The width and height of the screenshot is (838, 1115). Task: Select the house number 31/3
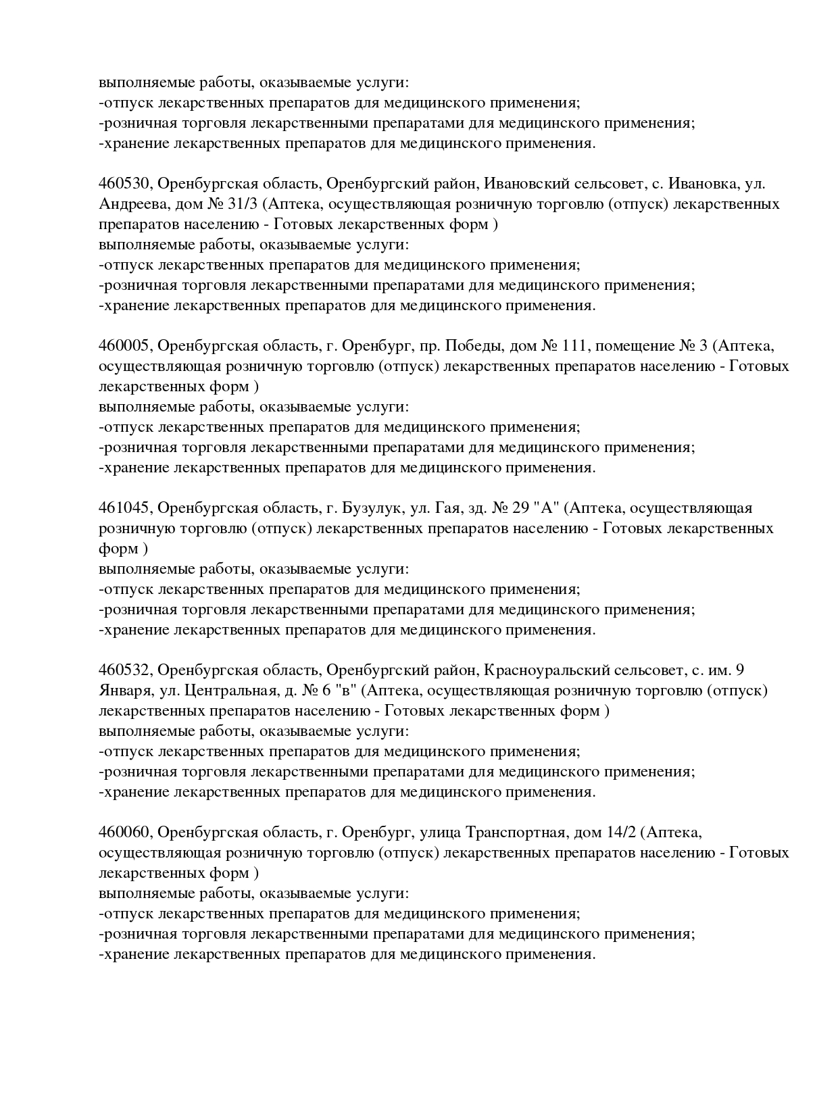click(x=234, y=204)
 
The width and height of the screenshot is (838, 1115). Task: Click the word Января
click(x=126, y=691)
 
